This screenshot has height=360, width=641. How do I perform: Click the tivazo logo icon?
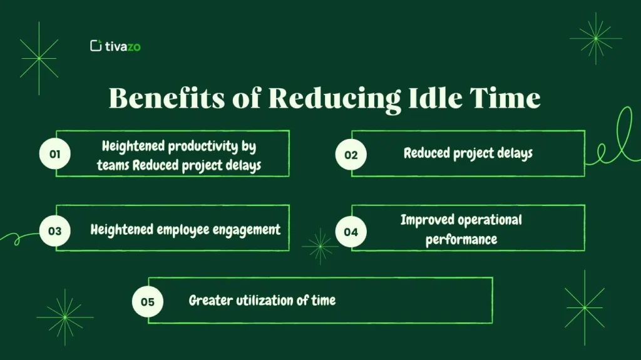click(96, 45)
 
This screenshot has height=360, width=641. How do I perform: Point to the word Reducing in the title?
click(335, 99)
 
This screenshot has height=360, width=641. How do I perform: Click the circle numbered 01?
click(55, 154)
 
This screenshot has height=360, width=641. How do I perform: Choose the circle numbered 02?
click(351, 154)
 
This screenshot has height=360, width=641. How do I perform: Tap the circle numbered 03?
click(55, 230)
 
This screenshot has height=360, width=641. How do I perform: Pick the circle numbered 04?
click(351, 232)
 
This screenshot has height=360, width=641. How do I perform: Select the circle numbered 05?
click(147, 301)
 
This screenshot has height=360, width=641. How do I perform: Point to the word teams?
click(113, 166)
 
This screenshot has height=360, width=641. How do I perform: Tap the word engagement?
click(246, 230)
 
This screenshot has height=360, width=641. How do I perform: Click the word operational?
click(491, 220)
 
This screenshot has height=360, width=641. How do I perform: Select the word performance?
click(461, 240)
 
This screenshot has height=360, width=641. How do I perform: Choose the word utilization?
click(264, 301)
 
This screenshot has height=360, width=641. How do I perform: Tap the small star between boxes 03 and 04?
click(320, 245)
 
